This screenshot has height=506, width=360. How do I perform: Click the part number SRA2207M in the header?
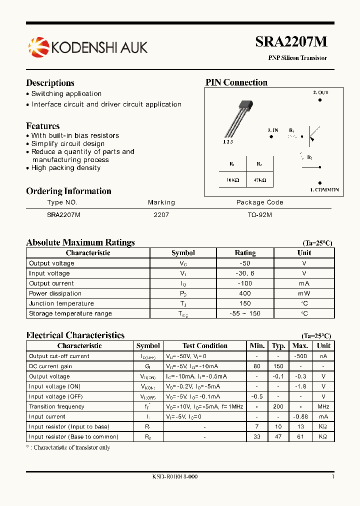tap(291, 42)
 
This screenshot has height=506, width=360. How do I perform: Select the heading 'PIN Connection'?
tap(236, 82)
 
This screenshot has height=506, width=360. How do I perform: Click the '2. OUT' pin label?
tap(320, 92)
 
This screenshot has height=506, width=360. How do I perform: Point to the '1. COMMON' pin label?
tap(324, 190)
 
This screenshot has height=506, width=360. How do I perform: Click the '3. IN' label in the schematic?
tap(273, 130)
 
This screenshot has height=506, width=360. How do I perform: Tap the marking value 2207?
tap(161, 214)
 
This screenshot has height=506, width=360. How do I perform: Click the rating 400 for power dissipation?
tap(245, 293)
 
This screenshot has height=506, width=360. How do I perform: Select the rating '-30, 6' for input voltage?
tap(245, 273)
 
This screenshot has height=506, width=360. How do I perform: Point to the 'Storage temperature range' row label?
tap(70, 313)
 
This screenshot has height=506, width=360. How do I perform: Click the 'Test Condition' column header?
tap(204, 345)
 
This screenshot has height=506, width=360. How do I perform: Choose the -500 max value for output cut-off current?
tap(300, 356)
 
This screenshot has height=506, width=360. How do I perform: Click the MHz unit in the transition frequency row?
tap(323, 406)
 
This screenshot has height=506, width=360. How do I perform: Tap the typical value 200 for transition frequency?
tap(278, 406)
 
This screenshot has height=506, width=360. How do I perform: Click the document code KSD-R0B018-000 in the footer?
tap(175, 476)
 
